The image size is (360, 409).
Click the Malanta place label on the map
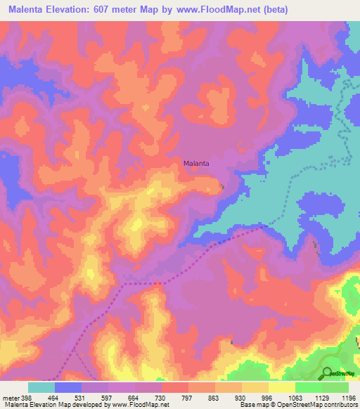197,163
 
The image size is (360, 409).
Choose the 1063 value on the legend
295,397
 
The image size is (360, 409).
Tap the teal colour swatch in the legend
41,387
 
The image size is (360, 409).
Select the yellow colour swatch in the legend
282,387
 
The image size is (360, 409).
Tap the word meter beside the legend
10,397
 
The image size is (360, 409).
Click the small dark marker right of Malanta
224,186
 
